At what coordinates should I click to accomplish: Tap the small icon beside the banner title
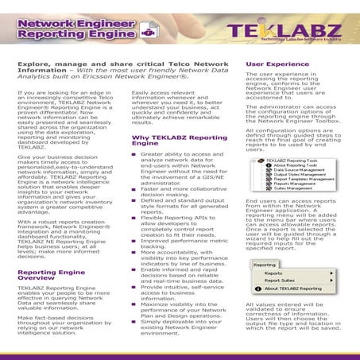click(146, 33)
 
